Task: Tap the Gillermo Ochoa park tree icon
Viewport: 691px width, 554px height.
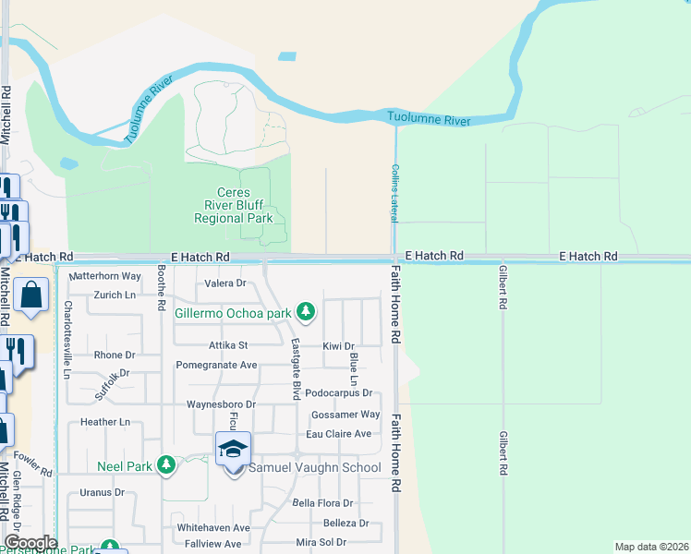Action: coord(306,312)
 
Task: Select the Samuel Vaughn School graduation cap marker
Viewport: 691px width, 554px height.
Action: coord(234,450)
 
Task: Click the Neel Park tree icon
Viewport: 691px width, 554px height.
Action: coord(165,464)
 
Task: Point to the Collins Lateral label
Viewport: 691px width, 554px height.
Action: coord(395,192)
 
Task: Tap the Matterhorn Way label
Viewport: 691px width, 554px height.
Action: coord(105,276)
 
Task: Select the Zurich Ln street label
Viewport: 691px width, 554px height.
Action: coord(115,295)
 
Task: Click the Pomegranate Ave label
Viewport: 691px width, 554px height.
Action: coord(216,365)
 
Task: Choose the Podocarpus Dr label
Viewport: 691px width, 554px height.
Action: coord(338,392)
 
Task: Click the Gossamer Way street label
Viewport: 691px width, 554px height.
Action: coord(345,415)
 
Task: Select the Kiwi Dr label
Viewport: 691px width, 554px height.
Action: coord(338,345)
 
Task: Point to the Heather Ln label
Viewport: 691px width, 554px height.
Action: coord(105,422)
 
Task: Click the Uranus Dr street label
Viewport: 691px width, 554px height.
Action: coord(102,492)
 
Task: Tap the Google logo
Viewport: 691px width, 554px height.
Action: coord(30,543)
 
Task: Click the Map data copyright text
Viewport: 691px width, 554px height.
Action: coord(651,547)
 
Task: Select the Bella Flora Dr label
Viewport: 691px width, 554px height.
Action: coord(322,503)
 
